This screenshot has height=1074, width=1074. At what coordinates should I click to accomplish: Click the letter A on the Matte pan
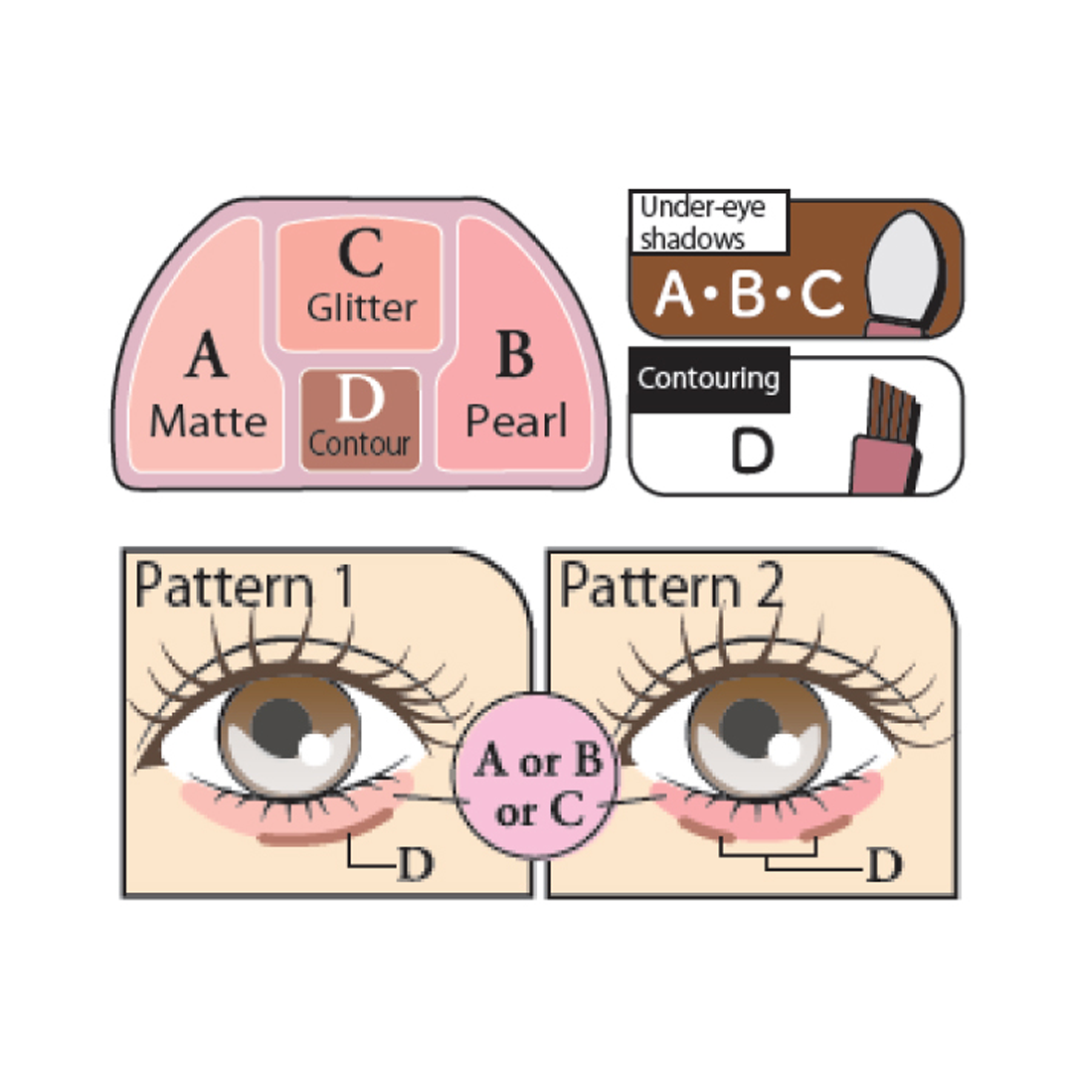207,356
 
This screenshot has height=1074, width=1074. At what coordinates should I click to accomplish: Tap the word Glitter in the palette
361,308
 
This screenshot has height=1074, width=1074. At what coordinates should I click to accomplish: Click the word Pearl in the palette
516,422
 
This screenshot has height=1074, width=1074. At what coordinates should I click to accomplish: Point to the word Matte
208,422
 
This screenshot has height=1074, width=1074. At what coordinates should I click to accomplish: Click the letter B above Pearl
513,356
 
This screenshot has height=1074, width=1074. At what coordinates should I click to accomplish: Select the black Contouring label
709,379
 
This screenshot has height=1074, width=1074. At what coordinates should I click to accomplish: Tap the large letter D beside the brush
753,452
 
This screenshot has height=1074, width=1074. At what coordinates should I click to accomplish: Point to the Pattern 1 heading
244,587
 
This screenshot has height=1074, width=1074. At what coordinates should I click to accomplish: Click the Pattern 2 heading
671,587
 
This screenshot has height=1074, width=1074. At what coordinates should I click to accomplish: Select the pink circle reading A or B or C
538,785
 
